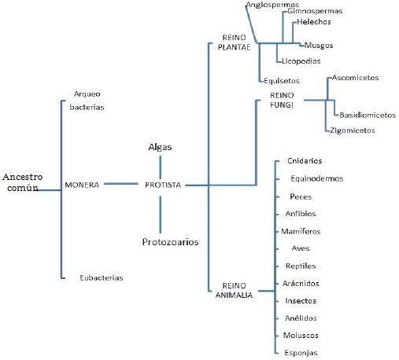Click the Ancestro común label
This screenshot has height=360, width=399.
coord(22,182)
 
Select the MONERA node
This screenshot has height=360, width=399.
coord(82,185)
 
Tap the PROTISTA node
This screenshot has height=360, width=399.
coord(163,185)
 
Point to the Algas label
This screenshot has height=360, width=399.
coord(160,147)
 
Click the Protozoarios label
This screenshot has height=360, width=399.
coord(170,242)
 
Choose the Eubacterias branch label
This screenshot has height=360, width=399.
coord(102,277)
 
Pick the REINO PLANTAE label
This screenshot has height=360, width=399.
coord(234,42)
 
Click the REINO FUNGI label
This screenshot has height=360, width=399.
coord(282,100)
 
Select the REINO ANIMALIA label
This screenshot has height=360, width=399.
coord(234,290)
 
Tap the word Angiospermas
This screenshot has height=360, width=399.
coord(272,5)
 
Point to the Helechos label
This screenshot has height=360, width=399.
coord(314,22)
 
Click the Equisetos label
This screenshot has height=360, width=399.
coord(282,81)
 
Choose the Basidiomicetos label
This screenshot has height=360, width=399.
coord(368,115)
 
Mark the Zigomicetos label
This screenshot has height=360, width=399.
coord(353,130)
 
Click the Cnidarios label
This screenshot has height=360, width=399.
coord(305,160)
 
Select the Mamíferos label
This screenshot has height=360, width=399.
coord(301,231)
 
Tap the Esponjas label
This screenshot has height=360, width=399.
coord(301,353)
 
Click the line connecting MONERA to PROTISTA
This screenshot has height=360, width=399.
coord(121,184)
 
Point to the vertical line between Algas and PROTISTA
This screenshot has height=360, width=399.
coord(161,167)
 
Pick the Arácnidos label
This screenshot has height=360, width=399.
coord(301,283)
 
